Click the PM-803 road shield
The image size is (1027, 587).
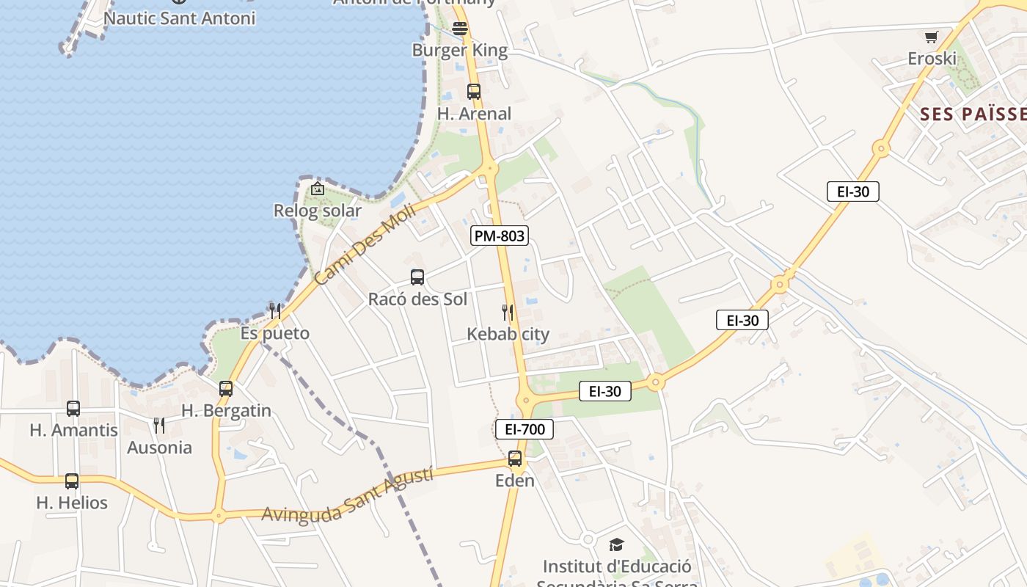pyautogui.click(x=500, y=236)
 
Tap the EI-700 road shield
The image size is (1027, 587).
pyautogui.click(x=525, y=429)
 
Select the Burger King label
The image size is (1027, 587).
pyautogui.click(x=460, y=51)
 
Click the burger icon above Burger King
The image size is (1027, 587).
pyautogui.click(x=460, y=29)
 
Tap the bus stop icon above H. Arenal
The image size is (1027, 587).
pyautogui.click(x=474, y=92)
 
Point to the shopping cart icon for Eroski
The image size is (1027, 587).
pyautogui.click(x=932, y=37)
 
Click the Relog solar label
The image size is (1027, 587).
pyautogui.click(x=318, y=211)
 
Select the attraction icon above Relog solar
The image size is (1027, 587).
pyautogui.click(x=318, y=189)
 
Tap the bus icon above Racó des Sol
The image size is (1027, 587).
pyautogui.click(x=417, y=277)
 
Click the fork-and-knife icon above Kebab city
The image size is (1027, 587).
pyautogui.click(x=508, y=313)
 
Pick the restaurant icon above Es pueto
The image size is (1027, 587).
pyautogui.click(x=275, y=311)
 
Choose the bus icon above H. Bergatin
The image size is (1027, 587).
pyautogui.click(x=226, y=389)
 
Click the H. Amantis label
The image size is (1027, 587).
pyautogui.click(x=73, y=430)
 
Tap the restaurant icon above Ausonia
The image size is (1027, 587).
pyautogui.click(x=159, y=426)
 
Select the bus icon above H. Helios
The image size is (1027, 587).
pyautogui.click(x=72, y=481)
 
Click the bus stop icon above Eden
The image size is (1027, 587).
pyautogui.click(x=515, y=459)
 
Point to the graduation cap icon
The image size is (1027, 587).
pyautogui.click(x=616, y=544)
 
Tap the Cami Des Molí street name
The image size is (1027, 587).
pyautogui.click(x=365, y=244)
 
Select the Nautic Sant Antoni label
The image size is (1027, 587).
pyautogui.click(x=180, y=18)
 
